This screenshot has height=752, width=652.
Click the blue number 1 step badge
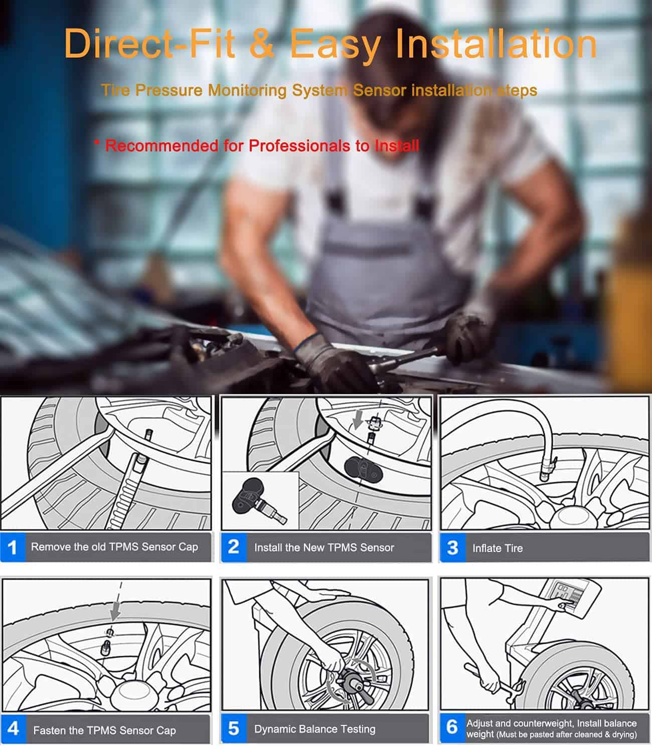click(x=13, y=547)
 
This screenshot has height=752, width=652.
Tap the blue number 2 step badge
click(x=234, y=547)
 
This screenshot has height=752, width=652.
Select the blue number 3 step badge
click(x=452, y=547)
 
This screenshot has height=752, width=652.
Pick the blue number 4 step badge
click(x=14, y=729)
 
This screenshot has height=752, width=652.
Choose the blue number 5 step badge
click(x=234, y=728)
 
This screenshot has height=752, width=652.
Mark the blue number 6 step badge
click(x=452, y=727)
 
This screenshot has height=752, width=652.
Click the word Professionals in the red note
click(x=300, y=146)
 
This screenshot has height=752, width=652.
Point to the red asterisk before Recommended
click(x=97, y=142)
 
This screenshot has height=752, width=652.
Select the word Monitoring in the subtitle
click(x=247, y=90)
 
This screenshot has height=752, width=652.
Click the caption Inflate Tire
click(x=498, y=548)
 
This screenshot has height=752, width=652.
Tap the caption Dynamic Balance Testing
click(x=315, y=729)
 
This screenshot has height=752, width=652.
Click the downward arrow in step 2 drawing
click(x=358, y=420)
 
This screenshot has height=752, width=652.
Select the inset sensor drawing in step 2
click(x=260, y=501)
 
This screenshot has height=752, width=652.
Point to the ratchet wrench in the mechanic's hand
click(x=404, y=360)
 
